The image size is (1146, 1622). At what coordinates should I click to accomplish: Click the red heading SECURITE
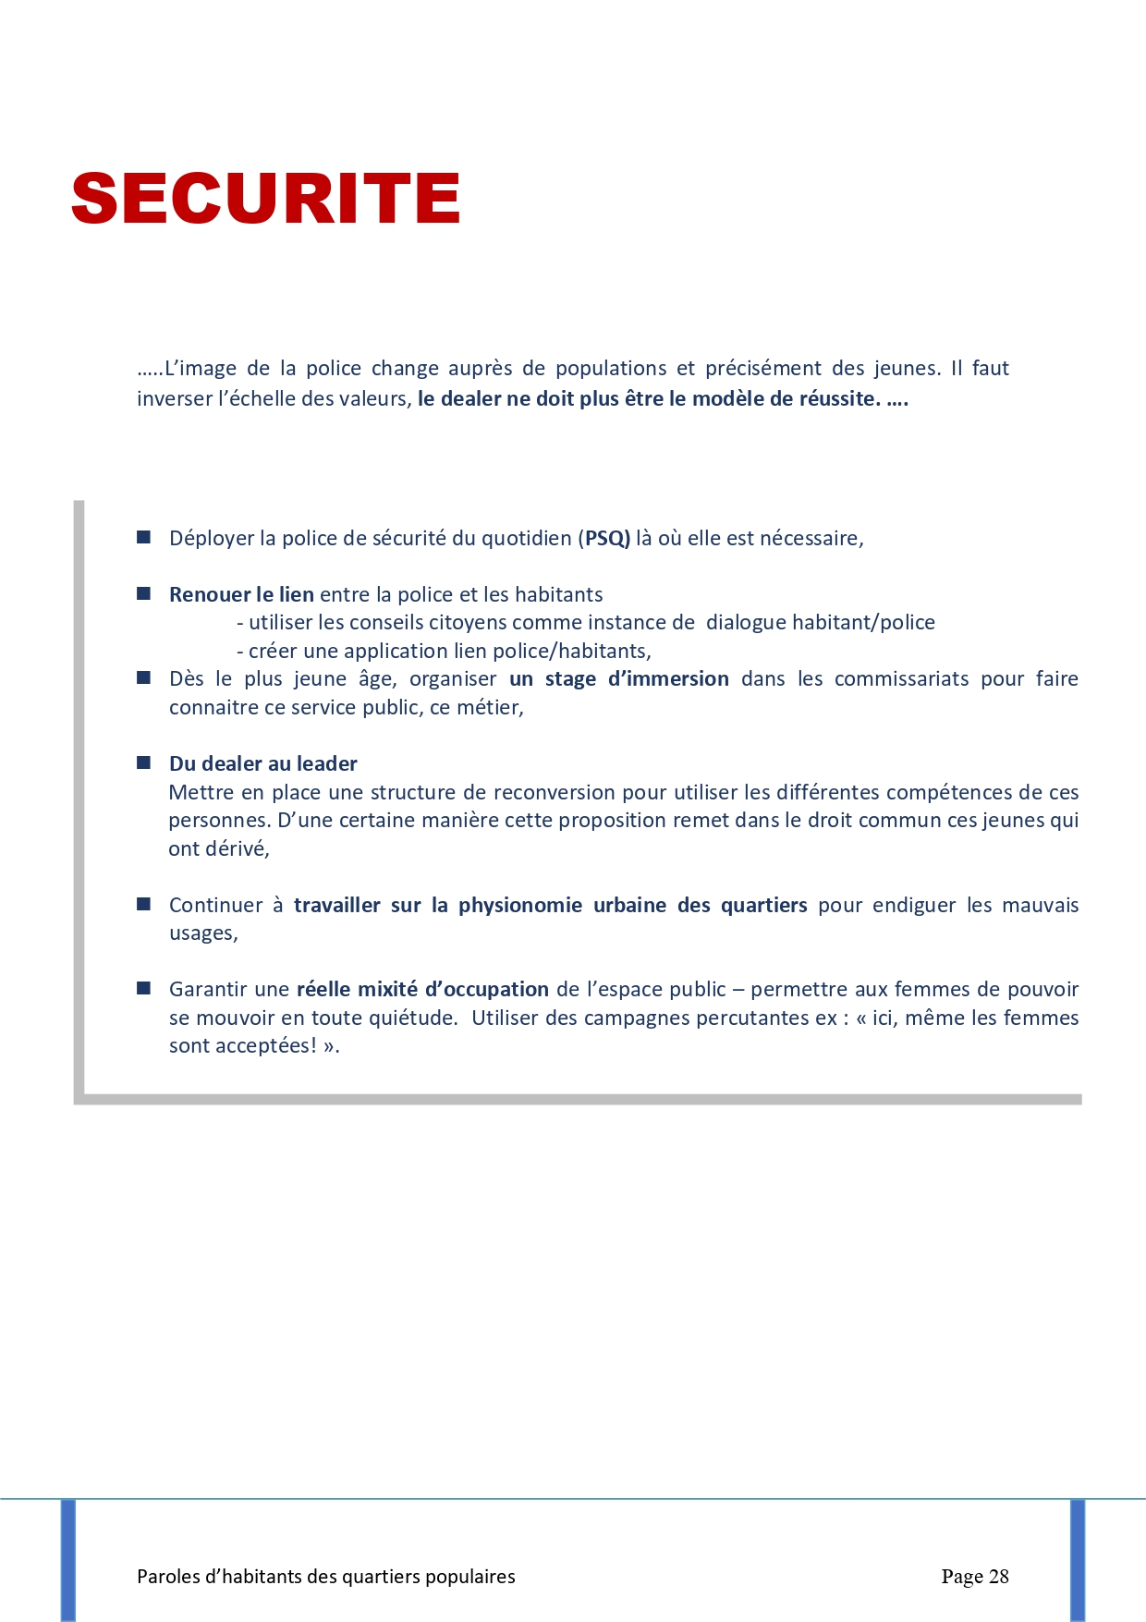click(x=265, y=198)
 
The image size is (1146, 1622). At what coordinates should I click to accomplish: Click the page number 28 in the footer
click(x=998, y=1576)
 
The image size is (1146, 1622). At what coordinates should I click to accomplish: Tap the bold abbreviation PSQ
click(x=607, y=538)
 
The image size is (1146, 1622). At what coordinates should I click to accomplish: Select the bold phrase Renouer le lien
click(x=241, y=594)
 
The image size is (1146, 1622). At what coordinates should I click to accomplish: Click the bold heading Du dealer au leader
click(x=262, y=763)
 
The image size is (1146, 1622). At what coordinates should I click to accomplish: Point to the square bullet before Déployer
click(x=144, y=537)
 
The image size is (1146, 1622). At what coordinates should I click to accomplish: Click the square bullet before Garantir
click(x=144, y=988)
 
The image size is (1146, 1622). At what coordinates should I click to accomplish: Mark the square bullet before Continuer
click(x=144, y=904)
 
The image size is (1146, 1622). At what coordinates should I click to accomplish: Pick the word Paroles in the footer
click(x=167, y=1577)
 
